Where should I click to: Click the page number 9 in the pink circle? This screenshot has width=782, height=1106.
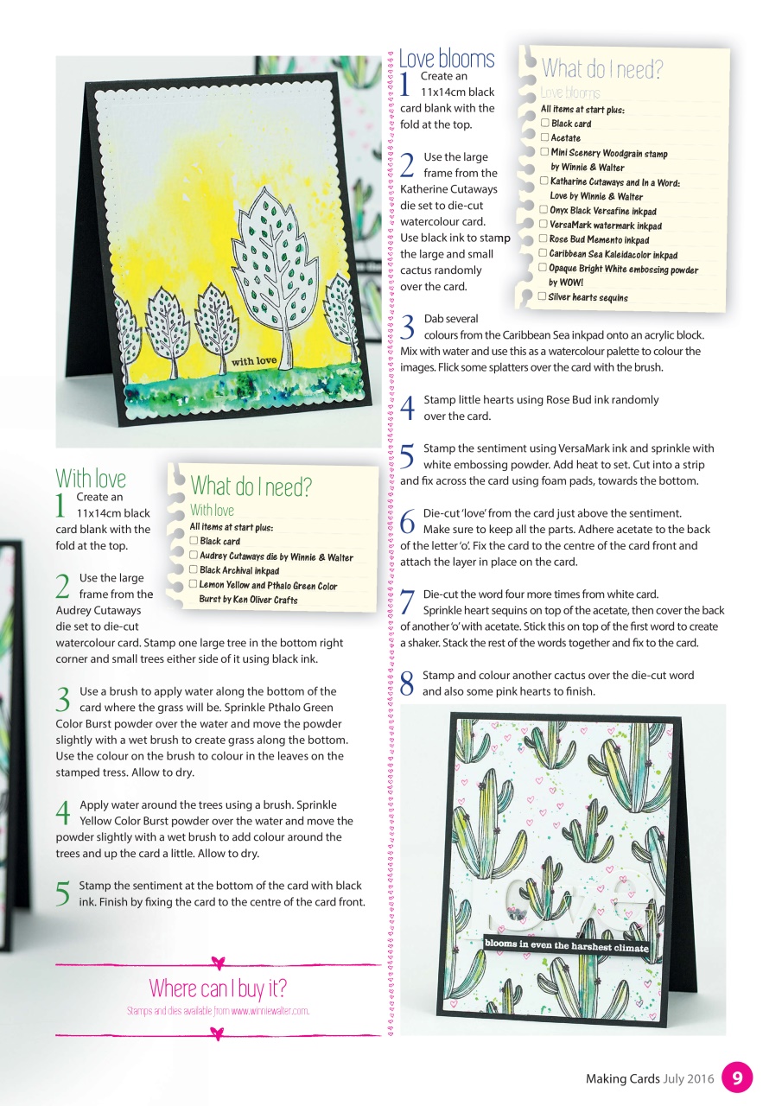point(736,1077)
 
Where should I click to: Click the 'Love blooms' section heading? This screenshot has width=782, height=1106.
point(447,59)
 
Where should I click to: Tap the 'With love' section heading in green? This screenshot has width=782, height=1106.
point(91,478)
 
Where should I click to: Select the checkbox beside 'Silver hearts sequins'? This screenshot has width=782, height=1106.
point(542,296)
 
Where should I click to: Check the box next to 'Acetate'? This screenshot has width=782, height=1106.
point(544,137)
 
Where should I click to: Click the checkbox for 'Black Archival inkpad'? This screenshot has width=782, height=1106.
point(194,570)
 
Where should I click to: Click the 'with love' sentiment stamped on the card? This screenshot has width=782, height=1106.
point(254,360)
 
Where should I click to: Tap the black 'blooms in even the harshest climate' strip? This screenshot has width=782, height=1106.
point(566,945)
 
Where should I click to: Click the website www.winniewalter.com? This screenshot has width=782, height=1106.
point(270,1010)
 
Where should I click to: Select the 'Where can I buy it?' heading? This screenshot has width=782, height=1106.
point(217,988)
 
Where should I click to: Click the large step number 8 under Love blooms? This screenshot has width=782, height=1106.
point(409,684)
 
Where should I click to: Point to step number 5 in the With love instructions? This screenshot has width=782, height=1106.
point(62,894)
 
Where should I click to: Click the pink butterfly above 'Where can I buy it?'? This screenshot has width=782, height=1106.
point(218,962)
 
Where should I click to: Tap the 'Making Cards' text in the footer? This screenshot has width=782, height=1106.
point(623,1078)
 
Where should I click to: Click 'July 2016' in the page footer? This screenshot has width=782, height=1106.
point(690,1078)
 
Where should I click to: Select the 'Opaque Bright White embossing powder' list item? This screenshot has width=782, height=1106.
point(622,270)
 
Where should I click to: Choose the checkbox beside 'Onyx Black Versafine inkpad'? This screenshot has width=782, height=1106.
point(543,210)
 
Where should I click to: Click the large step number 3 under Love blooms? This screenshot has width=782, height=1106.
point(409,327)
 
